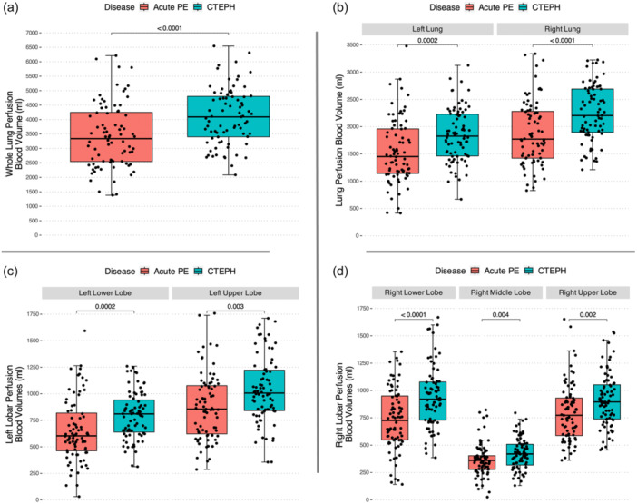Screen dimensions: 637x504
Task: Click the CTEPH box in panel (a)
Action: pos(229,116)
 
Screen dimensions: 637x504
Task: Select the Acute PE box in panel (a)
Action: pos(112,137)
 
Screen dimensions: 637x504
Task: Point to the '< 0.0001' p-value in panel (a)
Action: pos(170,28)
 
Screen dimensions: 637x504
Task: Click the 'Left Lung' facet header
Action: pos(427,29)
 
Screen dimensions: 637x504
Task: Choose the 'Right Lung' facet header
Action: pos(563,29)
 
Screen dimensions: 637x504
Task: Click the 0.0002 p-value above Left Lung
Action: pos(427,40)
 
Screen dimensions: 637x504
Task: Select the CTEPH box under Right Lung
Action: pos(593,111)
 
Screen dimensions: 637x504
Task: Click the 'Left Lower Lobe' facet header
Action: pos(105,293)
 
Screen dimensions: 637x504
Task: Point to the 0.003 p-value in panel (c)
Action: pos(235,306)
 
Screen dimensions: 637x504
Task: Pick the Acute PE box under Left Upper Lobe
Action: pos(207,410)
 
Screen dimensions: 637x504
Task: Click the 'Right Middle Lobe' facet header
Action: pos(501,292)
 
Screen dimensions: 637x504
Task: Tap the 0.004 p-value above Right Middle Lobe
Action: pos(501,315)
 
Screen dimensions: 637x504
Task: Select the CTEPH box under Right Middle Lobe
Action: pos(520,454)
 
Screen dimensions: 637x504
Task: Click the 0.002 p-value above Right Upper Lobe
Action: pos(588,315)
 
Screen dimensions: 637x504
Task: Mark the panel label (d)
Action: pos(340,272)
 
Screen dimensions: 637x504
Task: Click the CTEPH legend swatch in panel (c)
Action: pos(198,272)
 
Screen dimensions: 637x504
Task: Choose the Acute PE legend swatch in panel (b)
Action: pos(470,7)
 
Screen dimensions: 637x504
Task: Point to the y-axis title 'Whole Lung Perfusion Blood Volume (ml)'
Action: pos(14,133)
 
